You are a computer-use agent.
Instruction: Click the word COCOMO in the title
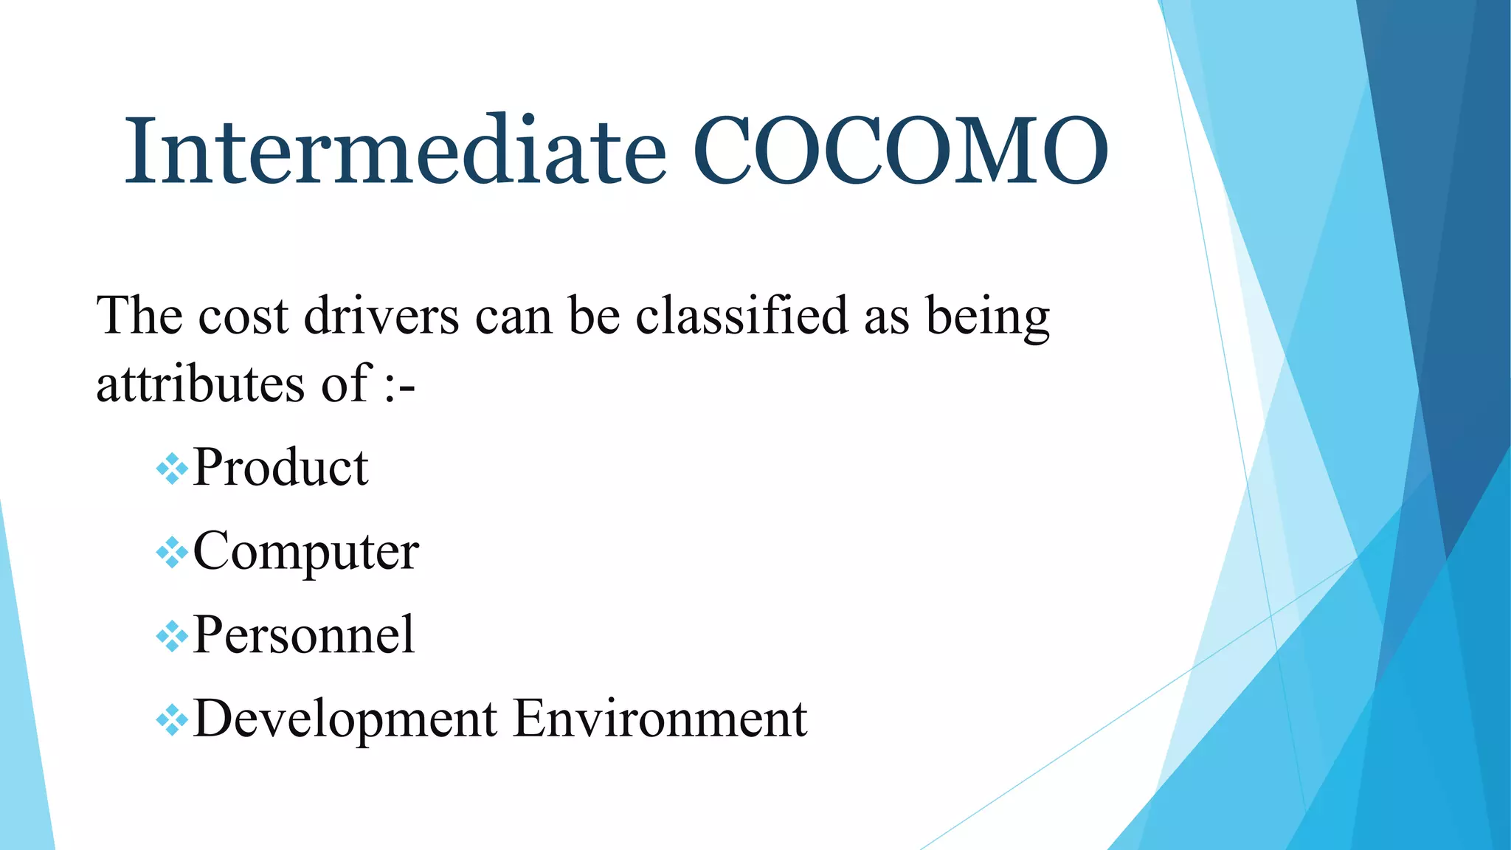click(900, 152)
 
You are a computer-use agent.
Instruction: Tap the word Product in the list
click(280, 468)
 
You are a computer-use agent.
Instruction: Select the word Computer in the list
click(305, 552)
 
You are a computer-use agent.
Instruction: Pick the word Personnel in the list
click(303, 635)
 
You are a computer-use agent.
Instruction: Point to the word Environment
click(660, 718)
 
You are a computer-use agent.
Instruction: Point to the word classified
click(741, 316)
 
